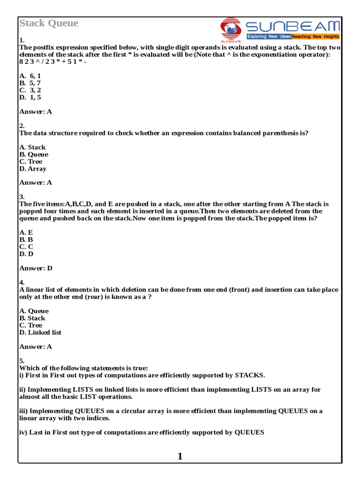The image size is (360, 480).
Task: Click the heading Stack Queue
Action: tap(49, 23)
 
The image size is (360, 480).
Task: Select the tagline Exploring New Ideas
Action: tap(269, 36)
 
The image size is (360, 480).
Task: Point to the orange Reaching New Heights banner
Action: tap(315, 36)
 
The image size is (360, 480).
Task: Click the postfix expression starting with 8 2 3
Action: tap(53, 61)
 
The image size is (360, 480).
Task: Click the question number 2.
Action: tap(22, 126)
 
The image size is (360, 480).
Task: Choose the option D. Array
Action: tap(33, 169)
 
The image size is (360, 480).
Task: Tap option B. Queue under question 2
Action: tap(34, 154)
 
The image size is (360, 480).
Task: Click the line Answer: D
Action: tap(36, 268)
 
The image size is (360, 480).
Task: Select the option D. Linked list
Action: tap(40, 332)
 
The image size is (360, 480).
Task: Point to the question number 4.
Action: tap(22, 282)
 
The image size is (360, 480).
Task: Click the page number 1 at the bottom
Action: tap(180, 456)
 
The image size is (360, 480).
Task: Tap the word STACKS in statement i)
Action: tap(248, 375)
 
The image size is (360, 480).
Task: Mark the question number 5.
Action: tap(22, 361)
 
